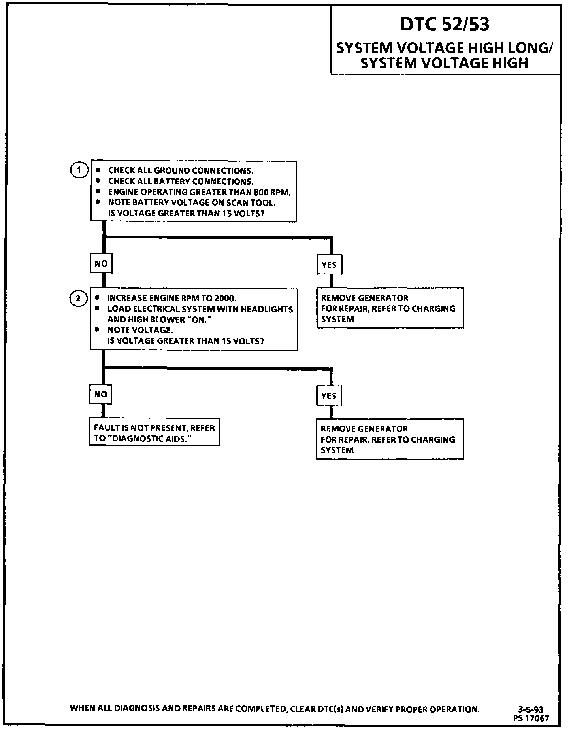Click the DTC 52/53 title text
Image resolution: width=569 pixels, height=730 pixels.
pos(445,25)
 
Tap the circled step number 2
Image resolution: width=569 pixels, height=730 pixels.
pos(78,299)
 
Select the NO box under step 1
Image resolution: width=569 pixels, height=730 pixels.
pos(101,263)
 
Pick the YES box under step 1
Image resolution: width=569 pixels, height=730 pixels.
pos(329,265)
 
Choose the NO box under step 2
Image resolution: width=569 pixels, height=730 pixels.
pos(101,394)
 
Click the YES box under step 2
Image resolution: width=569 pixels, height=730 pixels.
pos(329,396)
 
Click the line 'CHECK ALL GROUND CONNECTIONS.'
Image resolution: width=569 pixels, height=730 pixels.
pos(181,171)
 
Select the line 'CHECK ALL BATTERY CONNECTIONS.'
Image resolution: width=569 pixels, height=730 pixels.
pos(181,182)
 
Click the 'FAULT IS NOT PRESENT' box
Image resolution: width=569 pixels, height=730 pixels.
pos(154,432)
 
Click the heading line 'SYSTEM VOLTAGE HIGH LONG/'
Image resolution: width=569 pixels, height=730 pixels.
pos(445,48)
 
